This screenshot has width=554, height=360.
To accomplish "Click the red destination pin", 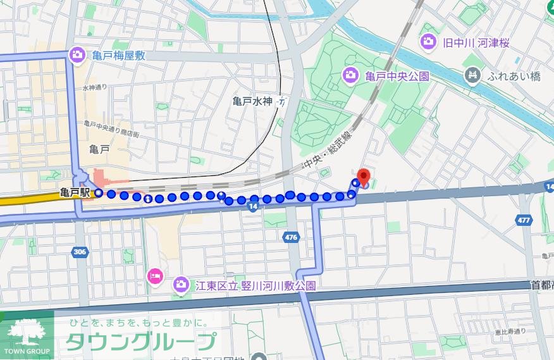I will coord(363,177).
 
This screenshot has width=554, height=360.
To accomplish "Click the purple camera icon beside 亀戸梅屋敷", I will coord(77,55).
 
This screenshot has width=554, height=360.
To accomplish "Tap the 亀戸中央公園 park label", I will coord(397,77).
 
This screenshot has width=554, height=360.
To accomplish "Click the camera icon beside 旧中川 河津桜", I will coord(428,42).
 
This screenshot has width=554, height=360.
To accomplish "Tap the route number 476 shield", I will coord(291,237).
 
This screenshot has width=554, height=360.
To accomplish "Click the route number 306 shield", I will coord(80,251).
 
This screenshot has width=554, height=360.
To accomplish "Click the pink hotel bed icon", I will coord(156,275).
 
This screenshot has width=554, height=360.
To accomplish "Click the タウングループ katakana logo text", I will coord(140,342).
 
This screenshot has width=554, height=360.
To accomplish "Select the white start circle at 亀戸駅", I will coord(99,193).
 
